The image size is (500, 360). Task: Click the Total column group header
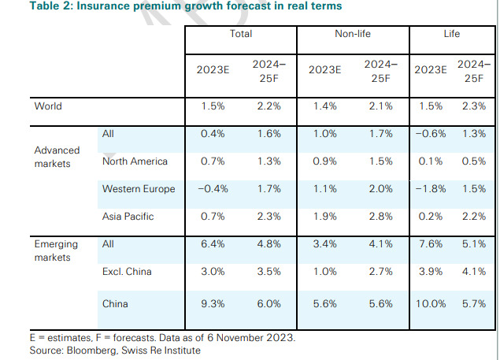coord(241,35)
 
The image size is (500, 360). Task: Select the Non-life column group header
coord(353,35)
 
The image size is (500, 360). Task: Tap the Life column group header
coord(451,35)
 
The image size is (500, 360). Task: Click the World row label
coord(47,106)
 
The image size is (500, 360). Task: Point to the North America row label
coord(135,161)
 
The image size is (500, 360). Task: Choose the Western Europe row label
coord(139,189)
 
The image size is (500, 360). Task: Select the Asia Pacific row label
coord(128,217)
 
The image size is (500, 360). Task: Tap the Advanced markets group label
coord(57,156)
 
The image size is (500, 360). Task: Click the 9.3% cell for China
coord(213,302)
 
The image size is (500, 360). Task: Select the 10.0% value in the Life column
coord(430,302)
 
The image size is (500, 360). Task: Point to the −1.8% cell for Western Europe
coord(430,189)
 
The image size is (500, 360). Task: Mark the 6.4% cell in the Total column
coord(213,245)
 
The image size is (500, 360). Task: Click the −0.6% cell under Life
coord(430,134)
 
